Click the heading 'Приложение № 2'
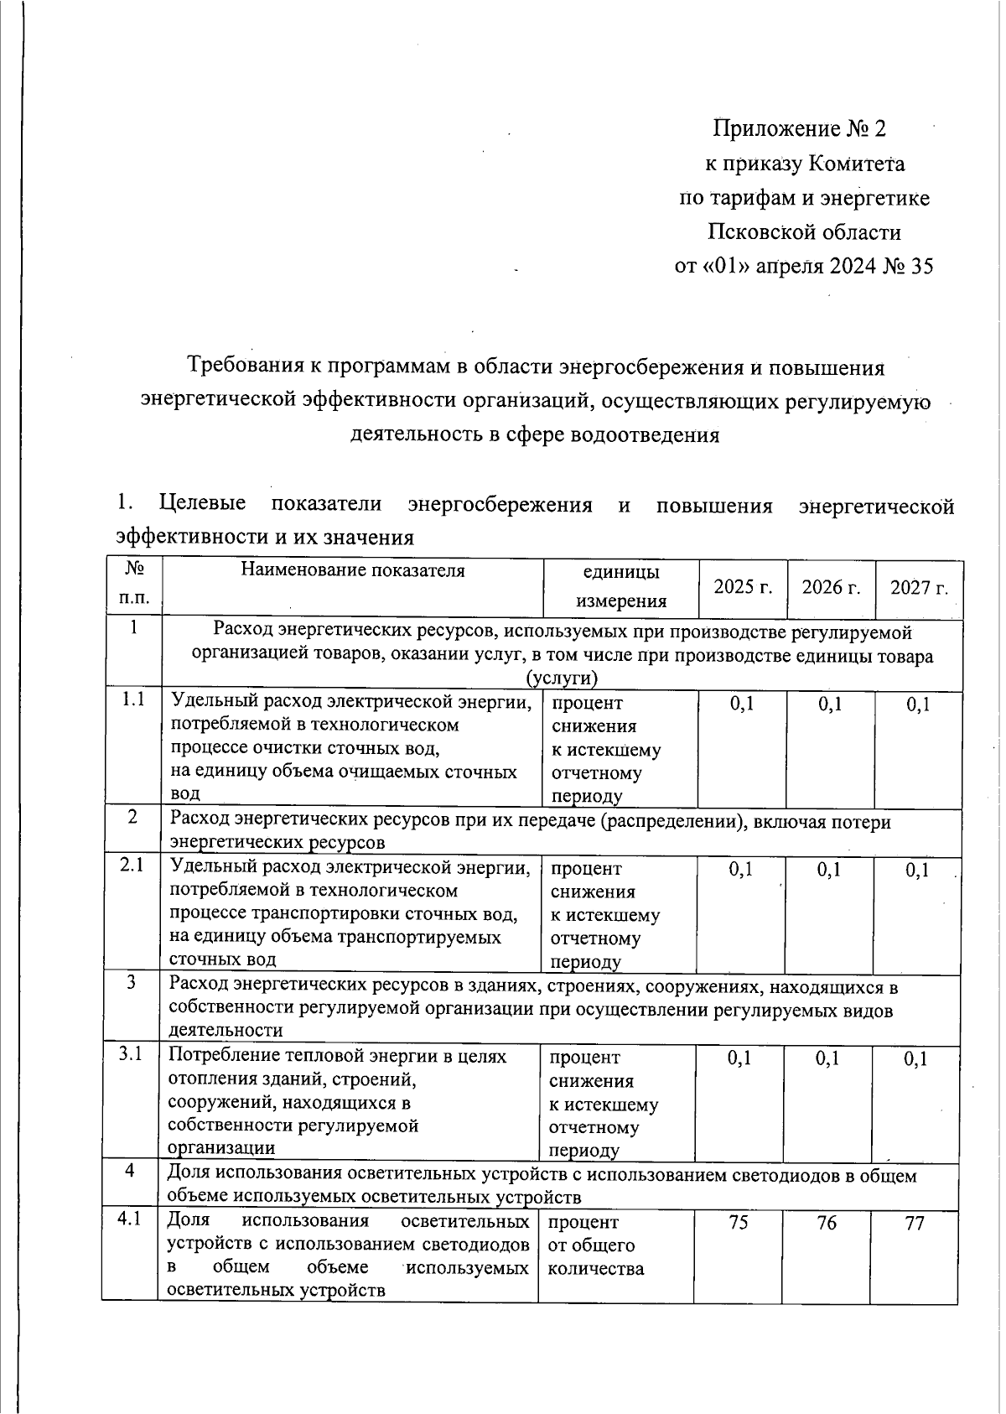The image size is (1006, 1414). pyautogui.click(x=799, y=128)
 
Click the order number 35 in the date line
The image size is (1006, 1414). pyautogui.click(x=920, y=266)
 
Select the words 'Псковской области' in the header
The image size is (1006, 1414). pyautogui.click(x=804, y=231)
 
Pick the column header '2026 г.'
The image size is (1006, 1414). pyautogui.click(x=831, y=587)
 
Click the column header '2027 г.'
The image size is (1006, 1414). pyautogui.click(x=919, y=587)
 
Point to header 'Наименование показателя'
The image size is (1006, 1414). pyautogui.click(x=352, y=571)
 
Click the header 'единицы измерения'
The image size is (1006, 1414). pyautogui.click(x=620, y=586)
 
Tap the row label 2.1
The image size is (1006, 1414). pyautogui.click(x=132, y=865)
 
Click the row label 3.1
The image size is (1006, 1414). pyautogui.click(x=131, y=1054)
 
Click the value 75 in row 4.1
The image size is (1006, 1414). pyautogui.click(x=738, y=1223)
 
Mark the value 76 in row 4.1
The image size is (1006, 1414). pyautogui.click(x=827, y=1223)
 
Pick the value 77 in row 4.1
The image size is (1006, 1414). pyautogui.click(x=915, y=1223)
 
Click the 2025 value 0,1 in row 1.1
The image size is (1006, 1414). pyautogui.click(x=742, y=704)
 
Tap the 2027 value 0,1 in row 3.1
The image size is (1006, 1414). pyautogui.click(x=915, y=1059)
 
